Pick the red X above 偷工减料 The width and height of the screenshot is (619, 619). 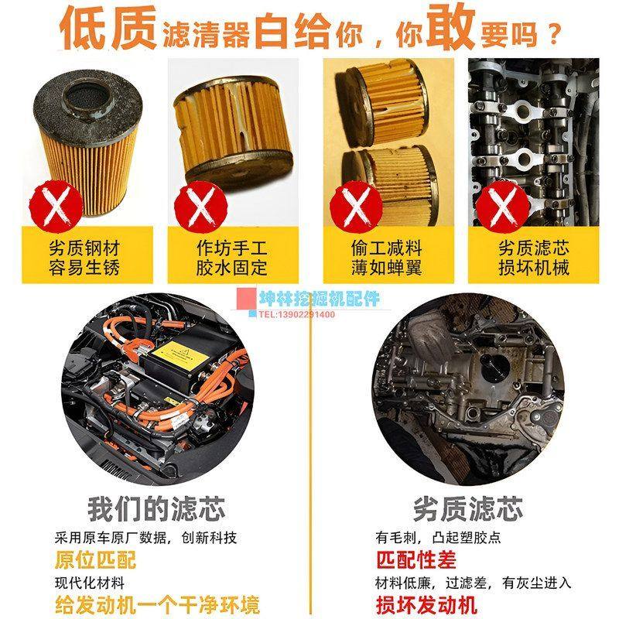pos(357,204)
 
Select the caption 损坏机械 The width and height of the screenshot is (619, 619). pos(533,268)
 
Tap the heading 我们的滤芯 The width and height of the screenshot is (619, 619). pos(156,509)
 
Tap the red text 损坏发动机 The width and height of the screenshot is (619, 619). pos(426,604)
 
